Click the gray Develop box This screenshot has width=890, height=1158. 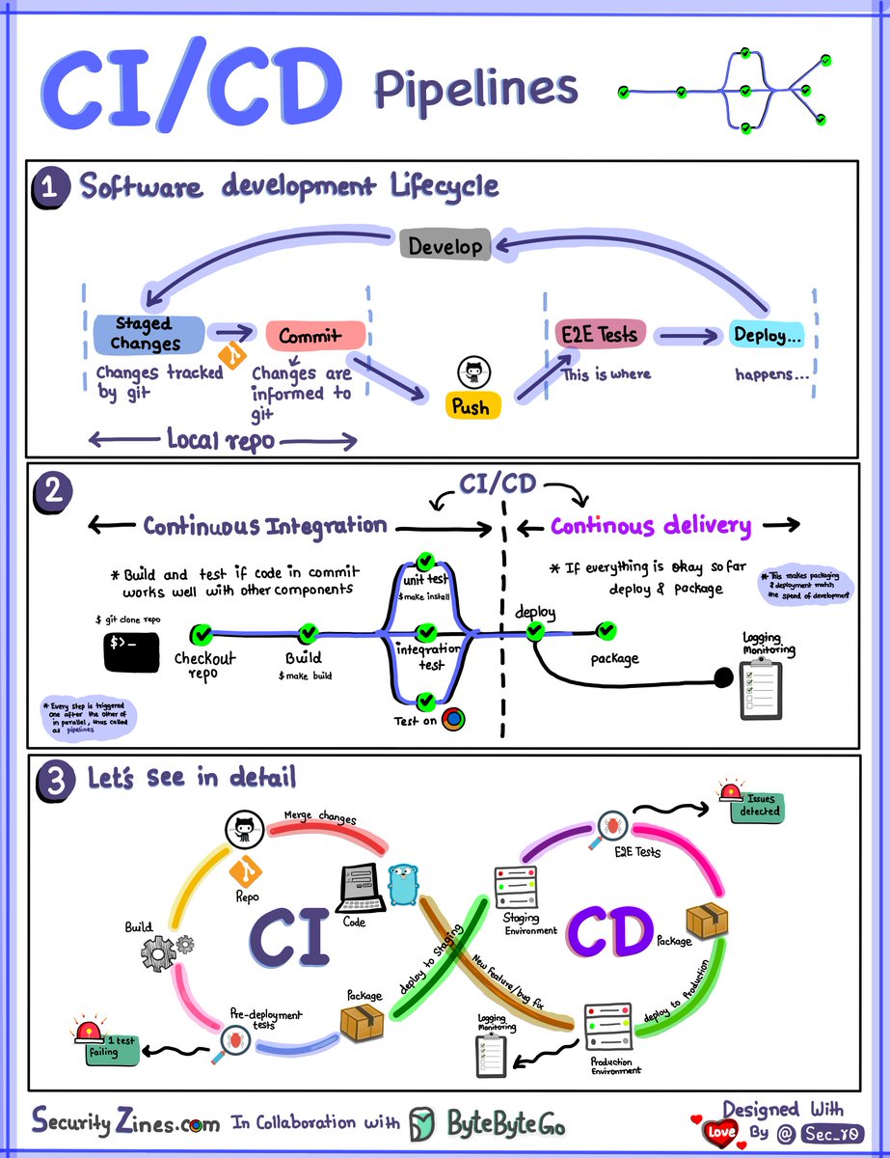pyautogui.click(x=445, y=245)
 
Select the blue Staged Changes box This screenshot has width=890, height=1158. pyautogui.click(x=148, y=334)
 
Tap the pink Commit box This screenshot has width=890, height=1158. pyautogui.click(x=315, y=336)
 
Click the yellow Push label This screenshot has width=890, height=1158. pyautogui.click(x=471, y=406)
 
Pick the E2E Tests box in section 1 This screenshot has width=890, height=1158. pyautogui.click(x=599, y=335)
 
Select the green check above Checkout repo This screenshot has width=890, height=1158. pyautogui.click(x=202, y=634)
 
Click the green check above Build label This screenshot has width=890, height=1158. pyautogui.click(x=309, y=634)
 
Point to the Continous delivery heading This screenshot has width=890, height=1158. pyautogui.click(x=651, y=526)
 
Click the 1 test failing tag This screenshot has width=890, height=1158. pyautogui.click(x=114, y=1049)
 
